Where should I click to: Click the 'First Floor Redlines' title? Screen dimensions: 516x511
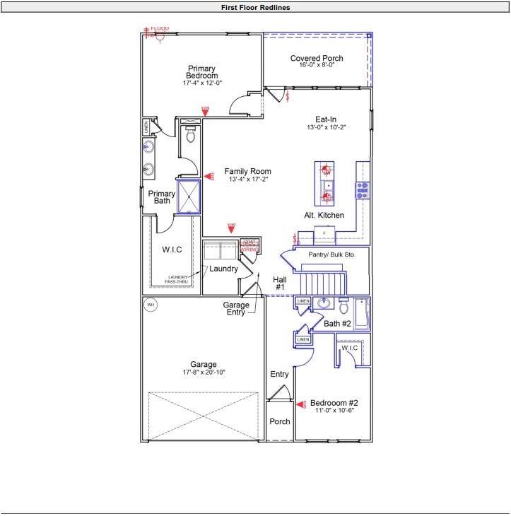255,7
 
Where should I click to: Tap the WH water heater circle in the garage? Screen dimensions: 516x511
151,305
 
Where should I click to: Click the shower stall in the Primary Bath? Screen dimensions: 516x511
189,197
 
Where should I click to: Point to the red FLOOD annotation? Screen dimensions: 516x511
159,29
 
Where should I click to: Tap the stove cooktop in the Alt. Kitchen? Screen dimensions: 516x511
362,189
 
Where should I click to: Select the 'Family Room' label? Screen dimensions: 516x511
248,172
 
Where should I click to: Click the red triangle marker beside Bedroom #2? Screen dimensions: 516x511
301,404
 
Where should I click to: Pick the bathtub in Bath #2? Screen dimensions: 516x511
362,314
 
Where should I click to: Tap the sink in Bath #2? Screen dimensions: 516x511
324,304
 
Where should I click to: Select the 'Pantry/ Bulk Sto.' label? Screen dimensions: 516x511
322,254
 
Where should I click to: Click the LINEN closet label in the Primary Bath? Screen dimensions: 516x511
146,128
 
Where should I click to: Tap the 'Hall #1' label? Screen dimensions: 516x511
279,283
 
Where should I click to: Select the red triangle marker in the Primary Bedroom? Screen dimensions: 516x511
205,111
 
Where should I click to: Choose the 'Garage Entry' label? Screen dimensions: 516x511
236,308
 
